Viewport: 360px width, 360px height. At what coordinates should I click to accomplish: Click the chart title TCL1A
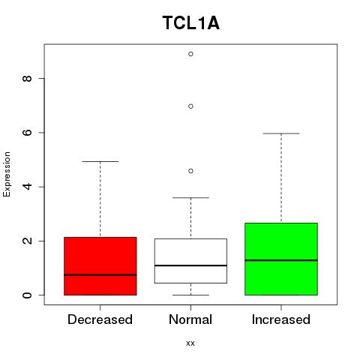(191, 23)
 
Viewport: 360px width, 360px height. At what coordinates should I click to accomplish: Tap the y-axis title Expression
(7, 174)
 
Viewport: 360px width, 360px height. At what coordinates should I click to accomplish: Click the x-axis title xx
(190, 343)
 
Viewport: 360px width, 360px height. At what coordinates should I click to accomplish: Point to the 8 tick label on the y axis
(27, 79)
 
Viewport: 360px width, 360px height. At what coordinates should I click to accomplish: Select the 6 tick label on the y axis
(27, 133)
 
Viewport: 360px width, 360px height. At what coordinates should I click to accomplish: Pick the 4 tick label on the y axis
(27, 187)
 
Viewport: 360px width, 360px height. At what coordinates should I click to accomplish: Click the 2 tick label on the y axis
(27, 241)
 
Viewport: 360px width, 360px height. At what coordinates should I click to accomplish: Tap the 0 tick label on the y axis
(27, 295)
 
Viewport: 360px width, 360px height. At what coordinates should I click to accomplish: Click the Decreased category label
(100, 319)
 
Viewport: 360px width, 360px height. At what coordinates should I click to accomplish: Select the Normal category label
(190, 319)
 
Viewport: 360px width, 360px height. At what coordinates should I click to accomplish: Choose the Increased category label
(281, 319)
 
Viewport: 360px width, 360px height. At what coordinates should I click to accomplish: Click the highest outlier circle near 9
(190, 54)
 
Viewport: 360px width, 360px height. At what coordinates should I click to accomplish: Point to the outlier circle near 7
(190, 106)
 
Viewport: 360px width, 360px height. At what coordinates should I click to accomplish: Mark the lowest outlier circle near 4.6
(190, 171)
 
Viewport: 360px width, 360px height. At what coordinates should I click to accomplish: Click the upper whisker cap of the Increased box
(281, 133)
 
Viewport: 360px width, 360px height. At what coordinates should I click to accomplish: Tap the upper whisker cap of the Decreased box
(100, 161)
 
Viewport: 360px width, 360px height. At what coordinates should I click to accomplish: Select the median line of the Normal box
(190, 265)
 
